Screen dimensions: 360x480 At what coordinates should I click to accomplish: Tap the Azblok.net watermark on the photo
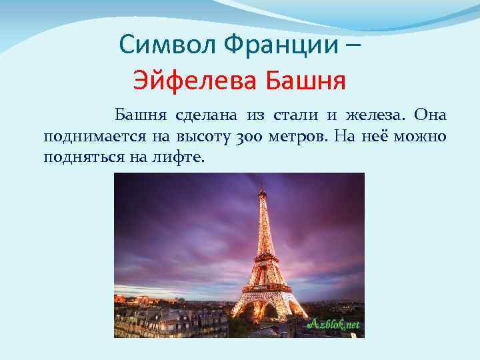[x=333, y=325]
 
